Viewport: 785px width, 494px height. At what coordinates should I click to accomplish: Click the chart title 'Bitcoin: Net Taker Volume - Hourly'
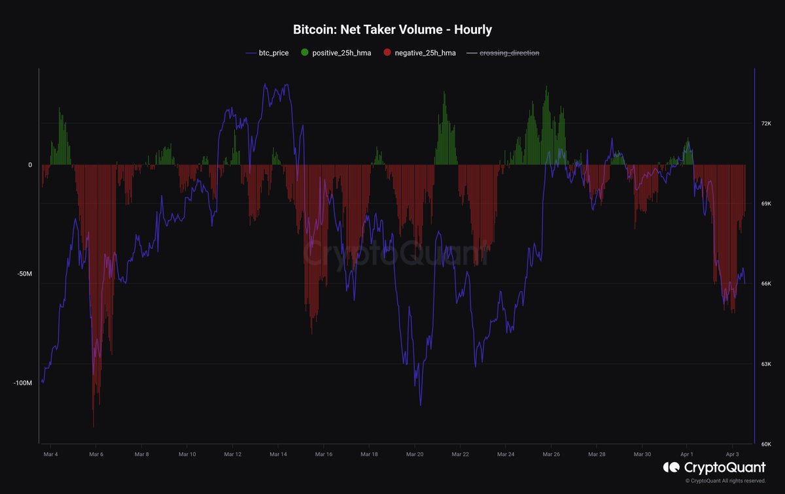click(x=392, y=30)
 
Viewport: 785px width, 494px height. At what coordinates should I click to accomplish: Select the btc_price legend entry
click(x=267, y=53)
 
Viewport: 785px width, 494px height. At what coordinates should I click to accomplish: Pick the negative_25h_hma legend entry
click(x=419, y=53)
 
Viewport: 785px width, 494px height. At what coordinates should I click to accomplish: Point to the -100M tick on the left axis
click(x=22, y=383)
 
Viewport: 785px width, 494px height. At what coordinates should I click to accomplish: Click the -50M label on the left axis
click(x=24, y=274)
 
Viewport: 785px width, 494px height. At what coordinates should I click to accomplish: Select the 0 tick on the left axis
click(x=30, y=165)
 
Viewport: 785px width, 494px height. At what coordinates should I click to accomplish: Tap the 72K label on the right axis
click(x=767, y=124)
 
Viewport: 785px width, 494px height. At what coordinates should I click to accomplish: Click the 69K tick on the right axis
click(x=767, y=204)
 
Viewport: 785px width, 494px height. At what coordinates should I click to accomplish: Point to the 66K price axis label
click(x=767, y=284)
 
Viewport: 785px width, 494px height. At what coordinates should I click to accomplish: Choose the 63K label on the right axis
click(x=767, y=364)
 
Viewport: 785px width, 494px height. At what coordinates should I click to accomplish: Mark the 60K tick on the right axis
click(x=767, y=444)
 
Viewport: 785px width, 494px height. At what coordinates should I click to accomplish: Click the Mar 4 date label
click(x=50, y=453)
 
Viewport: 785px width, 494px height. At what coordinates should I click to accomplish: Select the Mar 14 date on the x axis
click(x=278, y=453)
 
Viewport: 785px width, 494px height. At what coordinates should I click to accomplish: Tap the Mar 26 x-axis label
click(x=551, y=453)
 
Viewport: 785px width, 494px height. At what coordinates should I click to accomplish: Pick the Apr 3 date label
click(x=733, y=453)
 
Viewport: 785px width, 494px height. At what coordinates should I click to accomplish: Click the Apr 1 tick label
click(x=687, y=453)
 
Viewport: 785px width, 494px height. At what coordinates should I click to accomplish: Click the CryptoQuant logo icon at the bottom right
click(x=671, y=467)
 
